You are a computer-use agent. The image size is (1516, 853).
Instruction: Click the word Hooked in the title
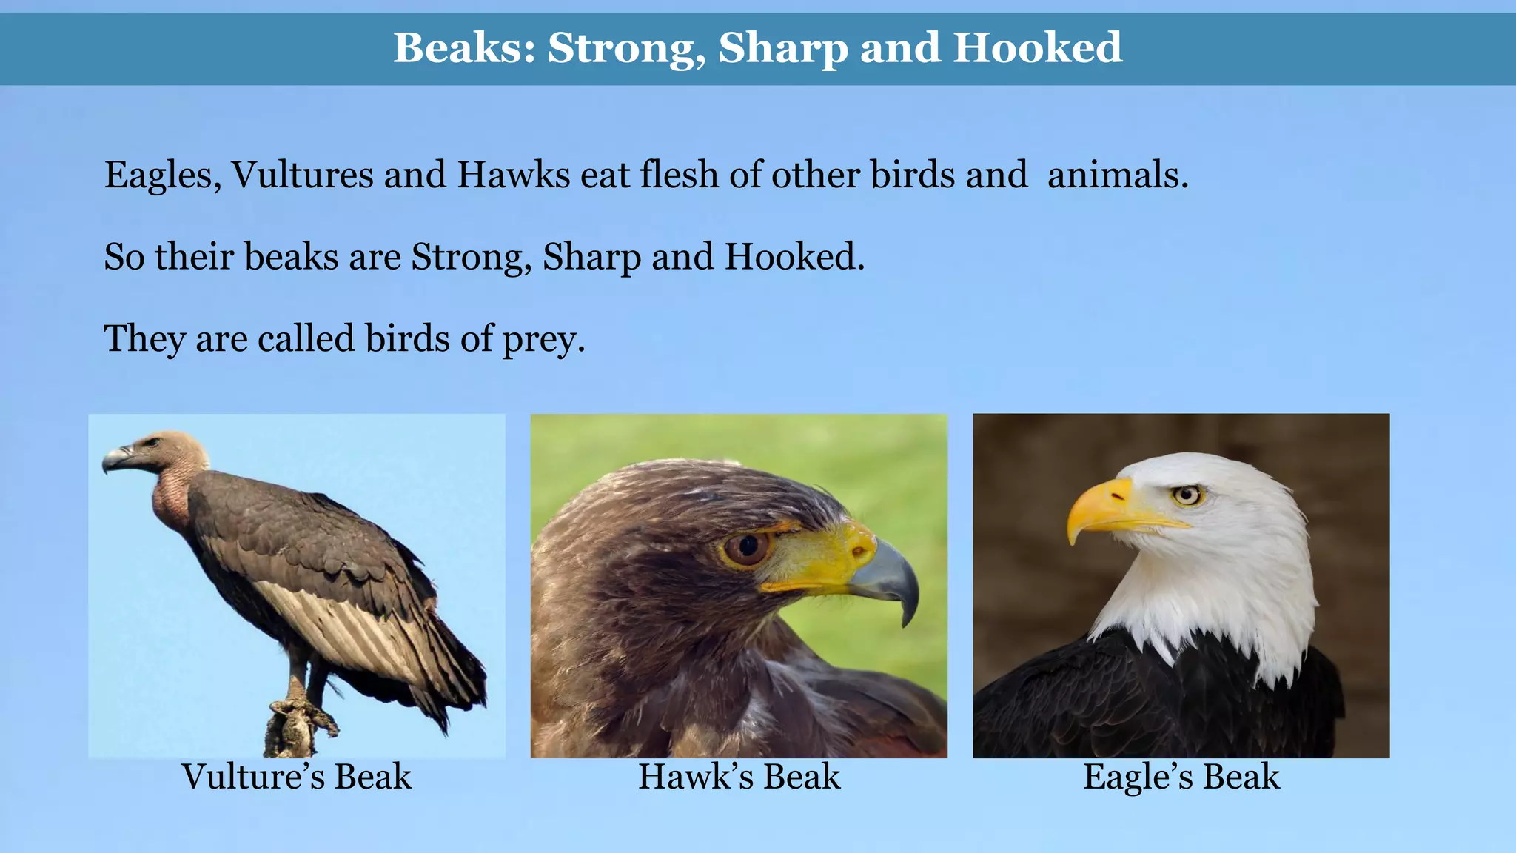[1037, 48]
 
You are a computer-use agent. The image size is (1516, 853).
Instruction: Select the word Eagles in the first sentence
[162, 176]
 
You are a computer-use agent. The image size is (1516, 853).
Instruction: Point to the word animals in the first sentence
[1117, 175]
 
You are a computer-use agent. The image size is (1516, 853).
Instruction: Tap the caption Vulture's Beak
[297, 777]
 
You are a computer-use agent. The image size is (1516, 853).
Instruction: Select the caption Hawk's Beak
[739, 777]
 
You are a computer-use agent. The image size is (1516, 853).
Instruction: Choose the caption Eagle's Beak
[1181, 777]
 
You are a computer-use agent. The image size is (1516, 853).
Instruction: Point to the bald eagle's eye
[1188, 495]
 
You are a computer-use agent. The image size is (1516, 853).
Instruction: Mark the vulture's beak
[116, 458]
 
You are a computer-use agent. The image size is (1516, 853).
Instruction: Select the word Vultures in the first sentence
[303, 175]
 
